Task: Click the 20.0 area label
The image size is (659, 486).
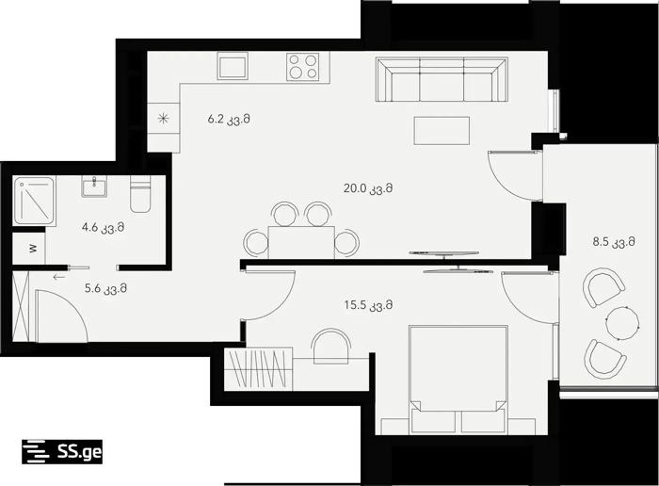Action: click(x=368, y=188)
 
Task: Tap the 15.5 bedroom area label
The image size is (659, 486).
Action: click(x=368, y=305)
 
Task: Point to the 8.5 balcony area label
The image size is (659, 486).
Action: click(x=614, y=242)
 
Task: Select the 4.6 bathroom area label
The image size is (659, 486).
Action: click(x=103, y=228)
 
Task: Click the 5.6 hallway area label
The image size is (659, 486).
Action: click(x=105, y=288)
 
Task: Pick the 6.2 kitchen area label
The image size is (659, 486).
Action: click(x=229, y=120)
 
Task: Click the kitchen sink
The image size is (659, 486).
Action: click(x=233, y=66)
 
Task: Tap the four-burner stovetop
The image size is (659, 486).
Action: click(x=302, y=67)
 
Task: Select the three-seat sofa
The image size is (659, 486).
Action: click(x=442, y=79)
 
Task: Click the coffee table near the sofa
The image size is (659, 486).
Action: click(x=442, y=131)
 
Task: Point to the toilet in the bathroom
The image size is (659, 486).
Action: click(x=140, y=194)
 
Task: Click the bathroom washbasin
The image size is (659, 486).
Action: click(x=94, y=186)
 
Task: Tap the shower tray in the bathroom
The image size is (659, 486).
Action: click(x=34, y=201)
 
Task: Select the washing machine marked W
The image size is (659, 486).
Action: click(x=28, y=249)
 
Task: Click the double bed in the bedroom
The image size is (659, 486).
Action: click(x=458, y=380)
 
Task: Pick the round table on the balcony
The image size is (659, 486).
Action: click(x=623, y=323)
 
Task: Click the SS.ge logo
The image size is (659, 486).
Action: click(x=62, y=452)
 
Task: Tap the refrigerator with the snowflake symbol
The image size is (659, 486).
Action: click(x=164, y=119)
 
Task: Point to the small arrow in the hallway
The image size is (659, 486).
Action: click(x=59, y=277)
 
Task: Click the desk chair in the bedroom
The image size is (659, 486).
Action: click(x=330, y=346)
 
